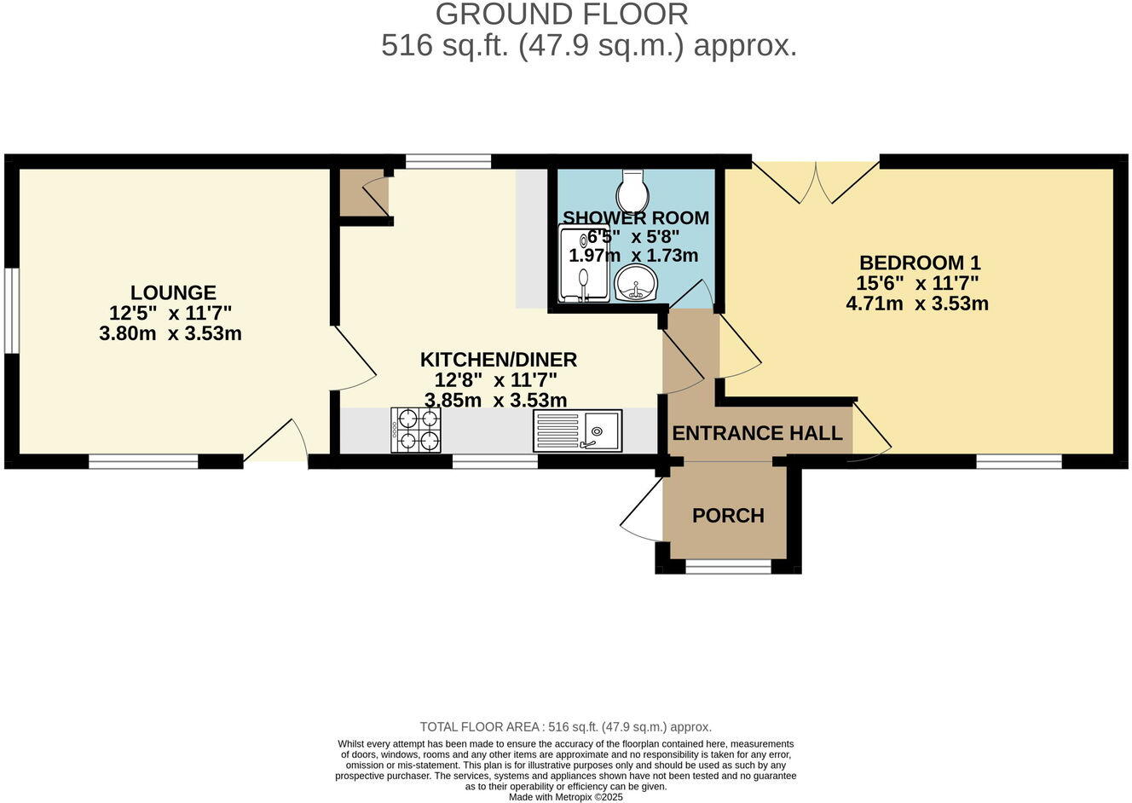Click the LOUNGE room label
[173, 293]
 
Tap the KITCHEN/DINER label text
[499, 360]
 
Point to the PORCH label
[728, 516]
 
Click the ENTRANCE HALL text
[757, 433]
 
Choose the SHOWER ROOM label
[636, 218]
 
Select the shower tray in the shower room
[584, 263]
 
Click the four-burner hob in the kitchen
[416, 430]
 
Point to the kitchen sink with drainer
[577, 430]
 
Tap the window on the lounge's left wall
[11, 310]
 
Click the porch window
[728, 566]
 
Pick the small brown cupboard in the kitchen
[364, 193]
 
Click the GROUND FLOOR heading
[562, 14]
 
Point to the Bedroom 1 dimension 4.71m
[874, 303]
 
